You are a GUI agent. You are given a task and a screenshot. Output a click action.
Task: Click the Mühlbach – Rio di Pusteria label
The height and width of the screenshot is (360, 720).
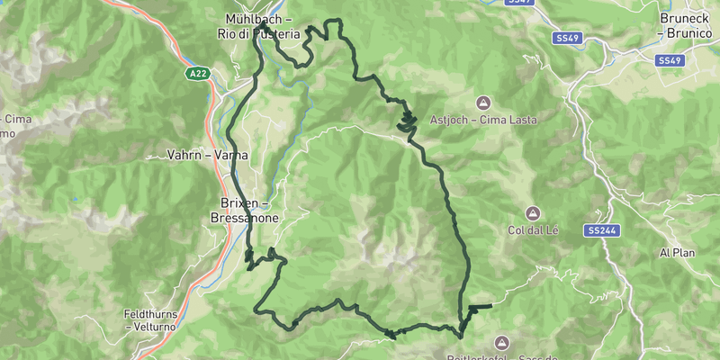[x=258, y=26]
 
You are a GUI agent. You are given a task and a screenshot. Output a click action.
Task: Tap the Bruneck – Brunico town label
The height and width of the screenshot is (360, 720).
[x=686, y=25]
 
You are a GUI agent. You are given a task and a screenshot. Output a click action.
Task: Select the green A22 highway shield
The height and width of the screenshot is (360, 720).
[x=199, y=74]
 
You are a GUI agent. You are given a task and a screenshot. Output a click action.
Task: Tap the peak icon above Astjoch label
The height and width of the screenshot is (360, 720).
[x=484, y=102]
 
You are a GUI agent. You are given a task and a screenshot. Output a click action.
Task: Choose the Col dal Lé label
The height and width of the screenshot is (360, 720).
[x=533, y=231]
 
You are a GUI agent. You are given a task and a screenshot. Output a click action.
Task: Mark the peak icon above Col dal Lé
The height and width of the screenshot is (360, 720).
[x=532, y=213]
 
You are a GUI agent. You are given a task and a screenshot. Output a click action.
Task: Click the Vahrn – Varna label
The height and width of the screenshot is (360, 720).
[x=207, y=155]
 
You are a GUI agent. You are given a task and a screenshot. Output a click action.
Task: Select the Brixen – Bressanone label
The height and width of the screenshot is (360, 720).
[x=244, y=211]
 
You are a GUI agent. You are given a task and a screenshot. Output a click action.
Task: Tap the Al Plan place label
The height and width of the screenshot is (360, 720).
[x=678, y=253]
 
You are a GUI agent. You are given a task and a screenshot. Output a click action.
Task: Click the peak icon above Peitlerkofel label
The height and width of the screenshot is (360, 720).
[x=501, y=342]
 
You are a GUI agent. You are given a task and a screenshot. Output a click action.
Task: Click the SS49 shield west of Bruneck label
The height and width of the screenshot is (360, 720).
[x=567, y=39]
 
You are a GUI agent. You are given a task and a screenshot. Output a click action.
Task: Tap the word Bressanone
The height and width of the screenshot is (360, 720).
[x=244, y=219]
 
